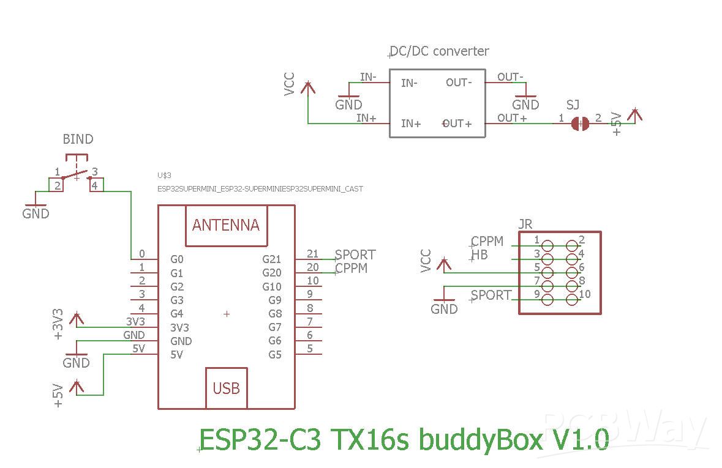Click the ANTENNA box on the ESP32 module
[x=226, y=225]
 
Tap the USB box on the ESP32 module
[x=226, y=388]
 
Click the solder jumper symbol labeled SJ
[x=579, y=124]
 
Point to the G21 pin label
[x=272, y=259]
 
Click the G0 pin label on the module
[x=176, y=259]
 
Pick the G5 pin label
[x=275, y=354]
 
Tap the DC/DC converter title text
[x=440, y=51]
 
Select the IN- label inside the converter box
[x=409, y=83]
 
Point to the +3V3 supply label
[x=58, y=324]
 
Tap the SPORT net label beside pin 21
[x=356, y=254]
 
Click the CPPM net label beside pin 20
[x=352, y=268]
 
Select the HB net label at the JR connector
[x=480, y=254]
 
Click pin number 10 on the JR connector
[x=585, y=294]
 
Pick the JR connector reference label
[x=525, y=224]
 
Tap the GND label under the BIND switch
[x=36, y=214]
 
